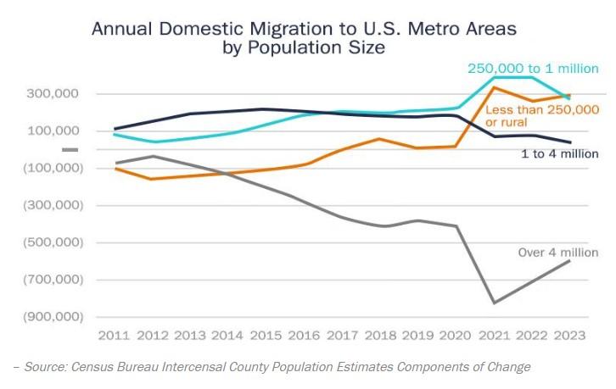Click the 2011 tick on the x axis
click(114, 335)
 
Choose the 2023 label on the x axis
click(570, 335)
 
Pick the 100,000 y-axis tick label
click(53, 131)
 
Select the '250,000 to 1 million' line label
click(532, 69)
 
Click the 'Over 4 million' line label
click(557, 253)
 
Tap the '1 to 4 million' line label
click(559, 154)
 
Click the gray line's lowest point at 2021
click(494, 303)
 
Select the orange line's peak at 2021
click(494, 87)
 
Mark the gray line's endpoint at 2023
click(570, 260)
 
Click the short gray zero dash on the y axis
click(70, 150)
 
